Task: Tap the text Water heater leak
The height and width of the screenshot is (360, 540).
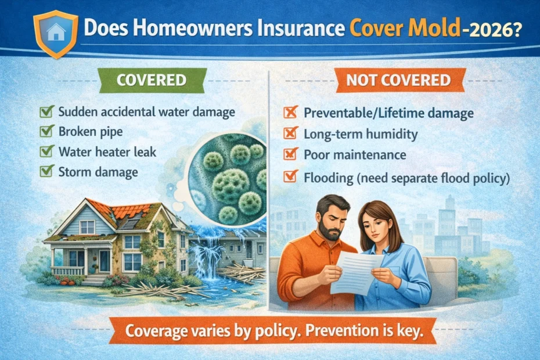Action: [107, 152]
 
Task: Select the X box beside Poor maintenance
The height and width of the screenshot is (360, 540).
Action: [290, 154]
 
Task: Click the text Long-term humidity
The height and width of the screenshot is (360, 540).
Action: [360, 134]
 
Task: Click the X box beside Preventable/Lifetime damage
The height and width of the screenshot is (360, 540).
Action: [290, 113]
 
